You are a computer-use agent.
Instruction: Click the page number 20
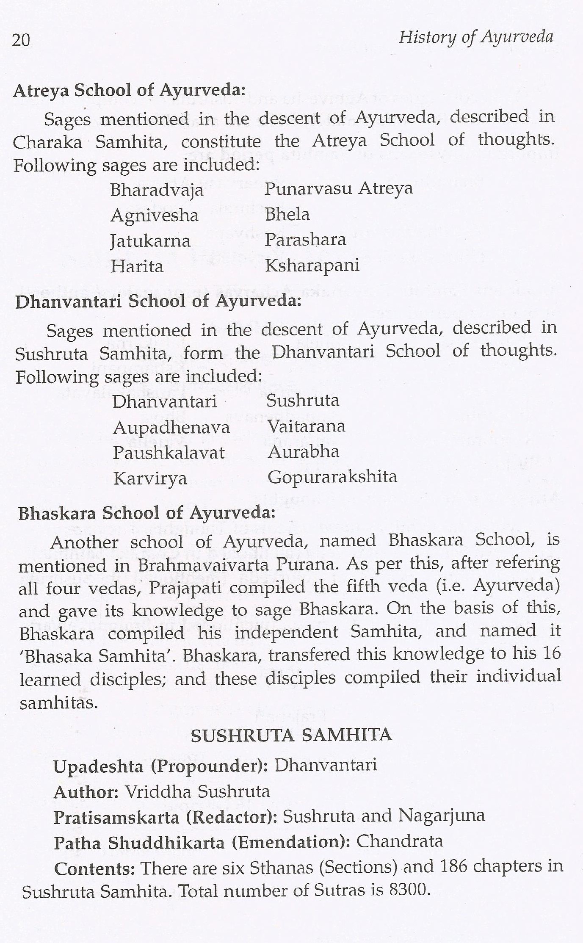tap(21, 41)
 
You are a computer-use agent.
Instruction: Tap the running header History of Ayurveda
tap(475, 38)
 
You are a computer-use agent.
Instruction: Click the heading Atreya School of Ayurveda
tap(130, 91)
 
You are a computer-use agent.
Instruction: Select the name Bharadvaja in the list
tap(157, 191)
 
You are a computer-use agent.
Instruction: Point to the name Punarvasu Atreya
tap(338, 188)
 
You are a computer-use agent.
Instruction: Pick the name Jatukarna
tap(150, 241)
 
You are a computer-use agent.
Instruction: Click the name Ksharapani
tap(312, 265)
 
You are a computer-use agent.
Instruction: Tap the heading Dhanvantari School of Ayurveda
tap(158, 301)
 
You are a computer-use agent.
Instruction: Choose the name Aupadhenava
tap(171, 428)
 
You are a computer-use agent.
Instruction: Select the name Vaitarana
tap(306, 426)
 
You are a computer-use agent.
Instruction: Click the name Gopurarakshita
tap(332, 477)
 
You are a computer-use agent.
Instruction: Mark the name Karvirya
tap(150, 478)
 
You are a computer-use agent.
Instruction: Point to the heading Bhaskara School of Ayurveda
tap(147, 513)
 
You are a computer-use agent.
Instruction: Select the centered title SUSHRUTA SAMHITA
tap(291, 736)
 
